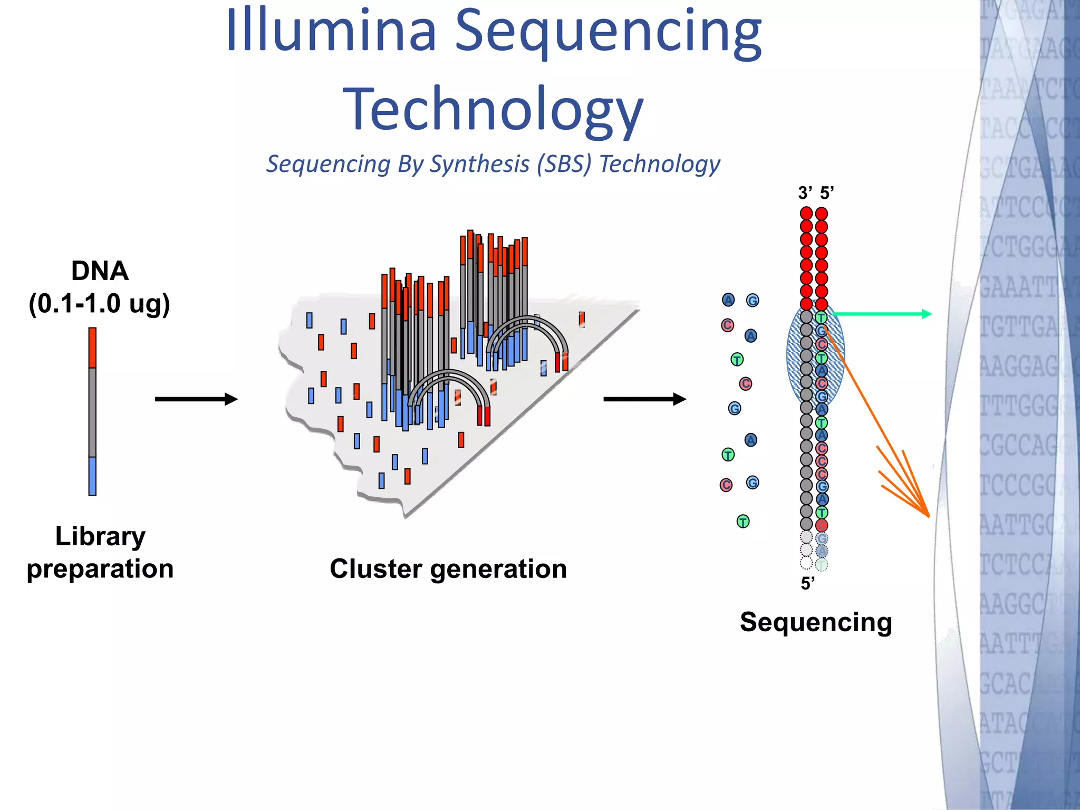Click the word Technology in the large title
[x=493, y=109]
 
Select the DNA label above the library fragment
[x=100, y=271]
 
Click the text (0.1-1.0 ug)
[x=100, y=304]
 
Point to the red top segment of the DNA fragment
[x=92, y=348]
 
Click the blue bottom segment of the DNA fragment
[x=92, y=476]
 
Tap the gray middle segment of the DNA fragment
[x=92, y=411]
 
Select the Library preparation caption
[x=100, y=552]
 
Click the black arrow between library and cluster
[x=196, y=399]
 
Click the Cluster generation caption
[x=448, y=569]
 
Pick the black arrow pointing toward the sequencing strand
[x=644, y=399]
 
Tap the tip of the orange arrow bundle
[x=927, y=515]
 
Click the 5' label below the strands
[x=807, y=583]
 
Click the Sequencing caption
[x=816, y=622]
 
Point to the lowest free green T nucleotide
[x=743, y=522]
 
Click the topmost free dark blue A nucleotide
[x=728, y=300]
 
